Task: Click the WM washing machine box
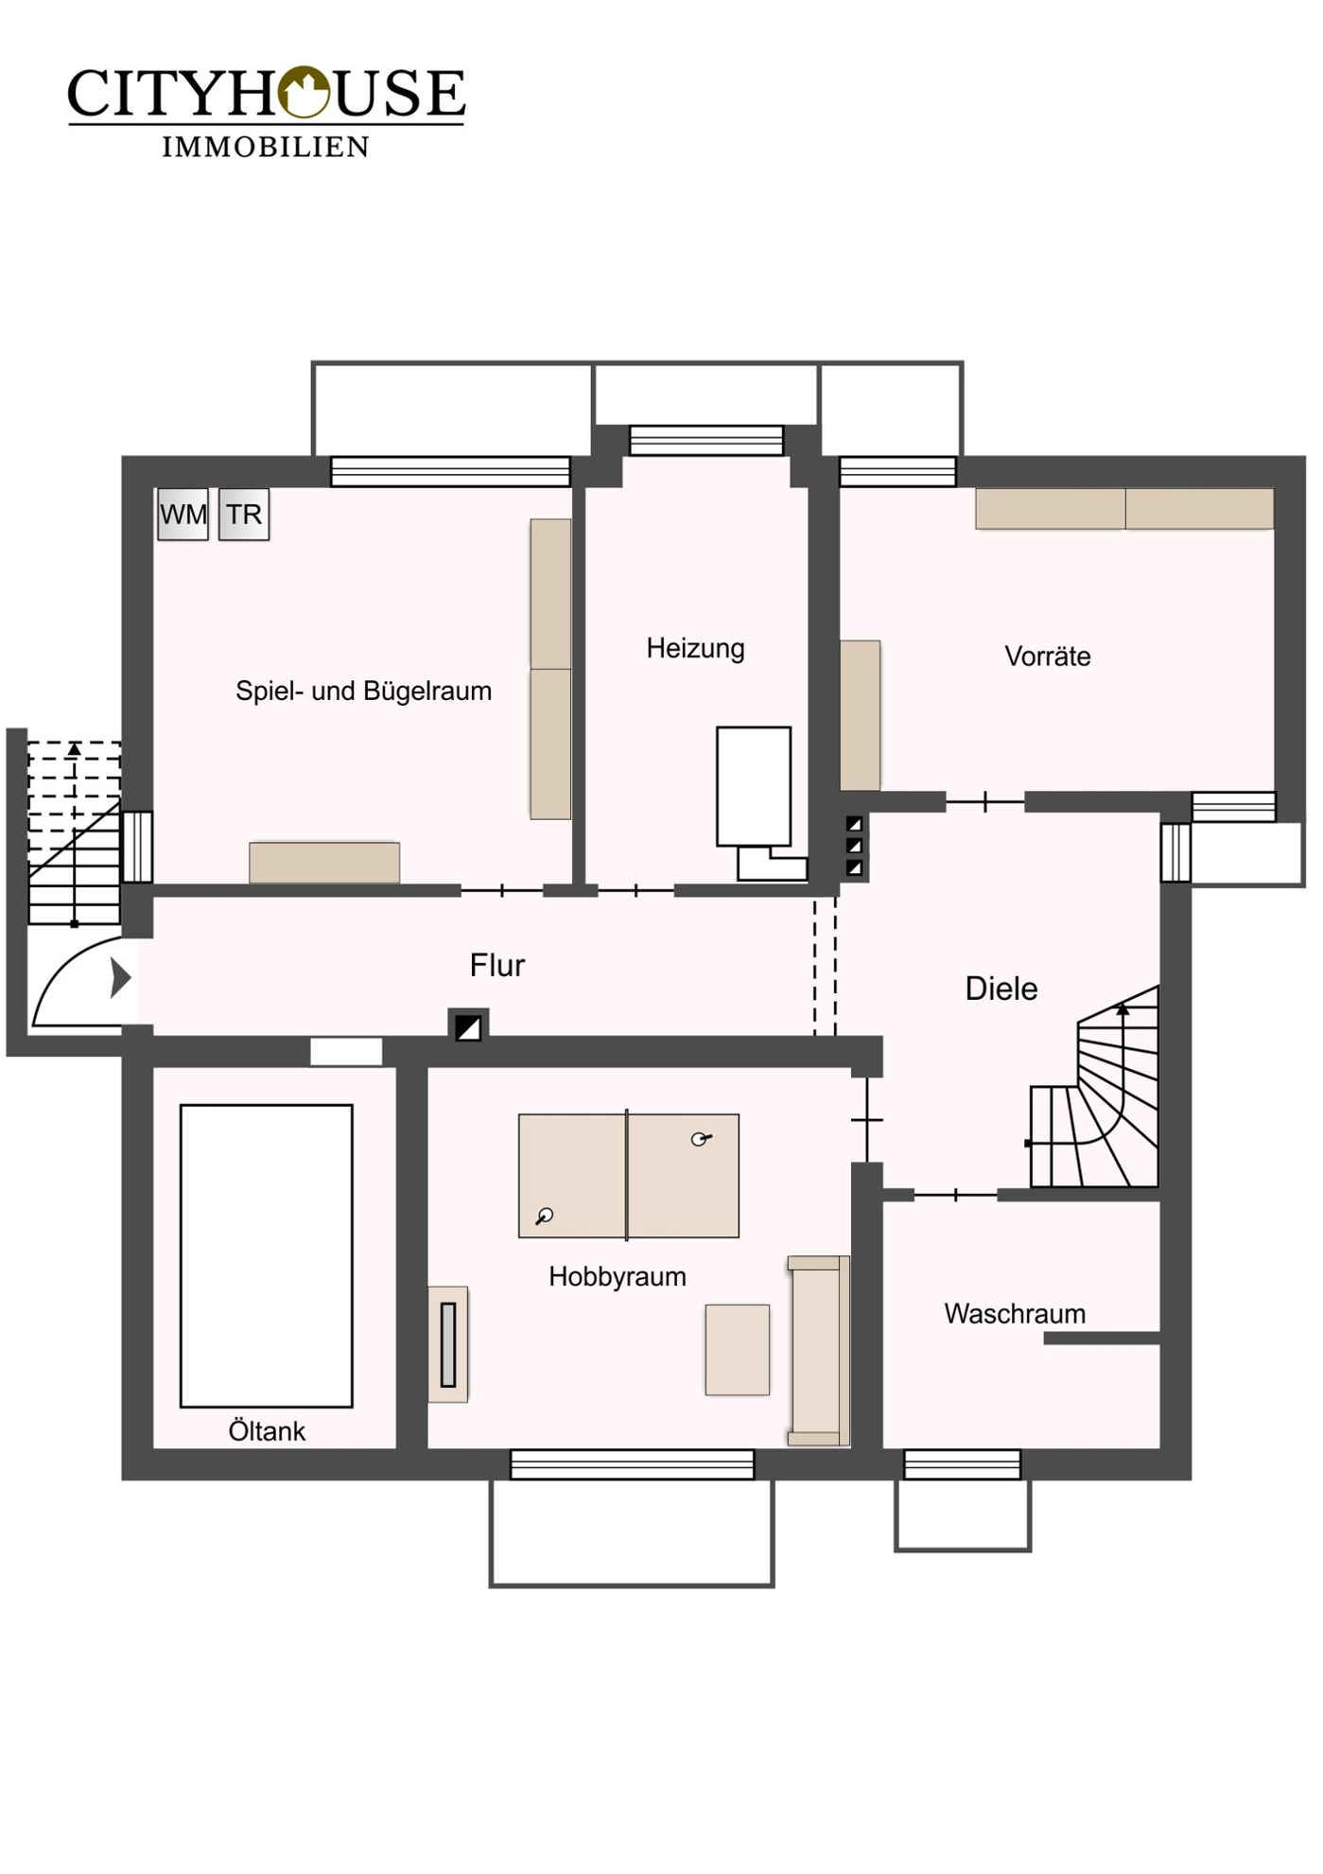click(183, 515)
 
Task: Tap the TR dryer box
click(244, 515)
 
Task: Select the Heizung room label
click(695, 649)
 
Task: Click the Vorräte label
click(1048, 656)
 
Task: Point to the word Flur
click(497, 965)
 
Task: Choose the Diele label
click(1001, 989)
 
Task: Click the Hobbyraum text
click(618, 1277)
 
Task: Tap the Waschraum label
click(1015, 1314)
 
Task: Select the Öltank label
click(267, 1431)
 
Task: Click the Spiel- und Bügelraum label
click(364, 692)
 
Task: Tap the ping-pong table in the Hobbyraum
click(629, 1176)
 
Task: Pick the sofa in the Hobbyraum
click(819, 1351)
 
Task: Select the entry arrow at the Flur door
click(120, 978)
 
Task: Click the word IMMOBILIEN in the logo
click(266, 147)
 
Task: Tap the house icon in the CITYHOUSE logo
click(303, 92)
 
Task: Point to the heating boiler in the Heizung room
click(754, 786)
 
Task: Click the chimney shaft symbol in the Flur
click(468, 1026)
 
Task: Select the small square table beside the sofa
click(738, 1350)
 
